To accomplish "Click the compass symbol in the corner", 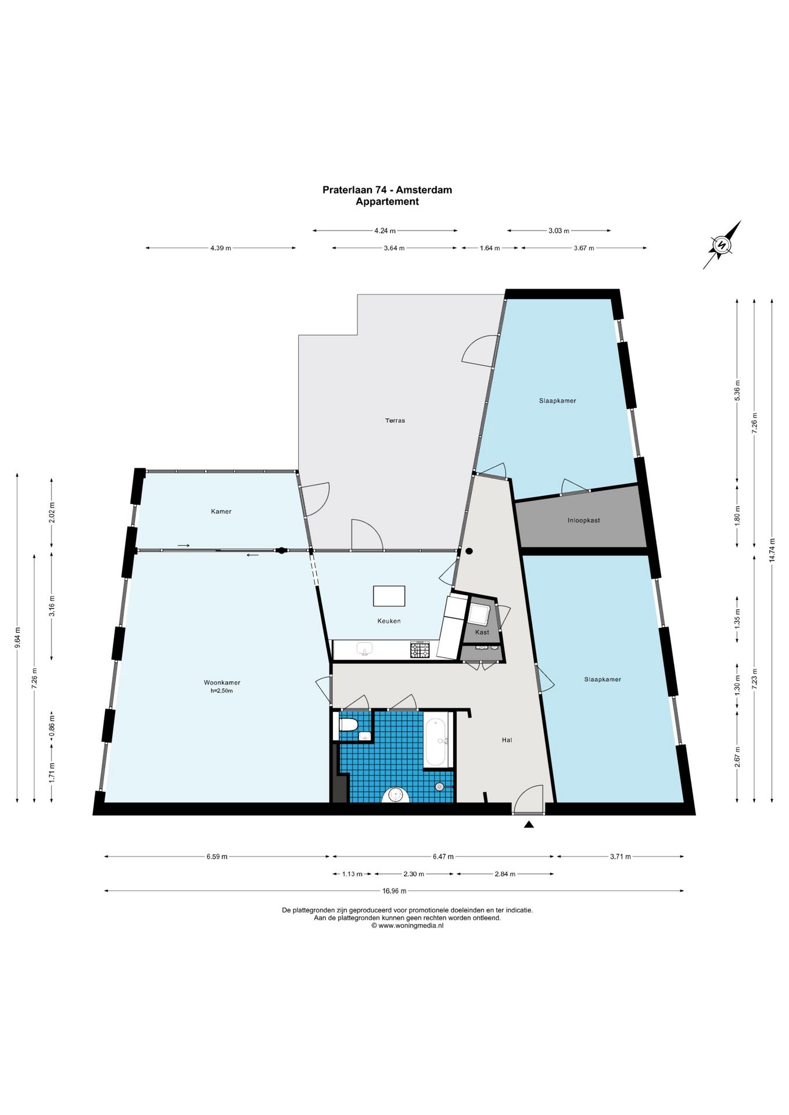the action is pyautogui.click(x=722, y=244).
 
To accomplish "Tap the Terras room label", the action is pyautogui.click(x=395, y=420).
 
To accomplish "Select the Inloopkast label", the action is pyautogui.click(x=583, y=520).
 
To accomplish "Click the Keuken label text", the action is pyautogui.click(x=389, y=621).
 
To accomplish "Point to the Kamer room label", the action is pyautogui.click(x=221, y=512).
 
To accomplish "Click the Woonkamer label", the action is pyautogui.click(x=222, y=682).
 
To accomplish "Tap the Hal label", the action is pyautogui.click(x=507, y=740).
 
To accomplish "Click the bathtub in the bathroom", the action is pyautogui.click(x=436, y=742).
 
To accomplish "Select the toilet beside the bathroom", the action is pyautogui.click(x=348, y=725).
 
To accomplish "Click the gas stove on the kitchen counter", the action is pyautogui.click(x=420, y=650).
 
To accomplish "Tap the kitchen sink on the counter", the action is pyautogui.click(x=364, y=649).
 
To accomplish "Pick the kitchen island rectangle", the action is pyautogui.click(x=389, y=596).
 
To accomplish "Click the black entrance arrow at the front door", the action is pyautogui.click(x=529, y=824).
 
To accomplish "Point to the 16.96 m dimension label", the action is pyautogui.click(x=394, y=891).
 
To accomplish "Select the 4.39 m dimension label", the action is pyautogui.click(x=221, y=248).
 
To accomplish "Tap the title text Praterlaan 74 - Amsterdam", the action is pyautogui.click(x=387, y=190).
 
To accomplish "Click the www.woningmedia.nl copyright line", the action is pyautogui.click(x=407, y=926).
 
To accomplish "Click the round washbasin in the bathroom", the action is pyautogui.click(x=396, y=795).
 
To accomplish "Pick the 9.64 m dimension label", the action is pyautogui.click(x=17, y=638).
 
